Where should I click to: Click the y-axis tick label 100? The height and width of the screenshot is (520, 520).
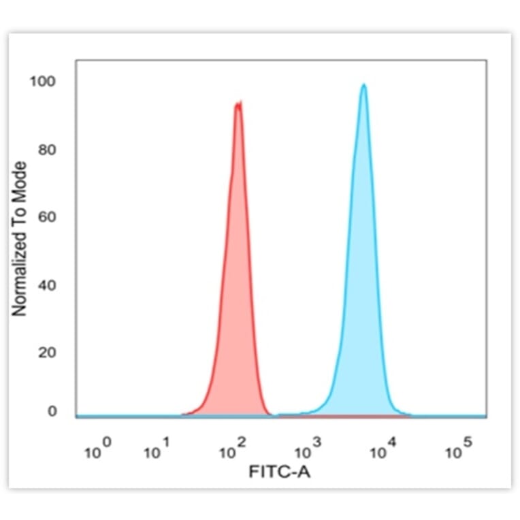[42, 82]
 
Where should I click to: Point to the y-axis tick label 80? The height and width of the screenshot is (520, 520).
[46, 150]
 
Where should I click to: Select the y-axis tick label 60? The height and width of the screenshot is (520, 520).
[46, 218]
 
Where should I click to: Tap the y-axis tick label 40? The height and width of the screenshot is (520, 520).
[46, 285]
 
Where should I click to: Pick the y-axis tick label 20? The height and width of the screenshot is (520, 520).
[46, 353]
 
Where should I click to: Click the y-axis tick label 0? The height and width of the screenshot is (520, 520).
[51, 411]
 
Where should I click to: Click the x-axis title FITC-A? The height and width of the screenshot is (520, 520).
[280, 471]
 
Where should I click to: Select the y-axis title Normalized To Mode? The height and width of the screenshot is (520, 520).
[20, 239]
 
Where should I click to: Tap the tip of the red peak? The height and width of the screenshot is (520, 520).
[238, 103]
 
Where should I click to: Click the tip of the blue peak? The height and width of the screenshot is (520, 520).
[364, 85]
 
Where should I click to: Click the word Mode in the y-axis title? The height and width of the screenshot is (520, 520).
[20, 181]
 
